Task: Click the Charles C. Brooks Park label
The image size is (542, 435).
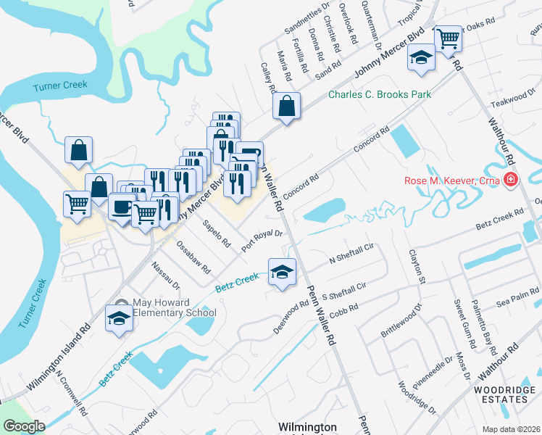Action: (380, 95)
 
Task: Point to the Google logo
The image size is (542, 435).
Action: (23, 426)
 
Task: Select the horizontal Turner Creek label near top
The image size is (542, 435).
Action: (60, 86)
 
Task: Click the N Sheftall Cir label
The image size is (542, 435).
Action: (351, 253)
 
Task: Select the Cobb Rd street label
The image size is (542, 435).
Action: (343, 308)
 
